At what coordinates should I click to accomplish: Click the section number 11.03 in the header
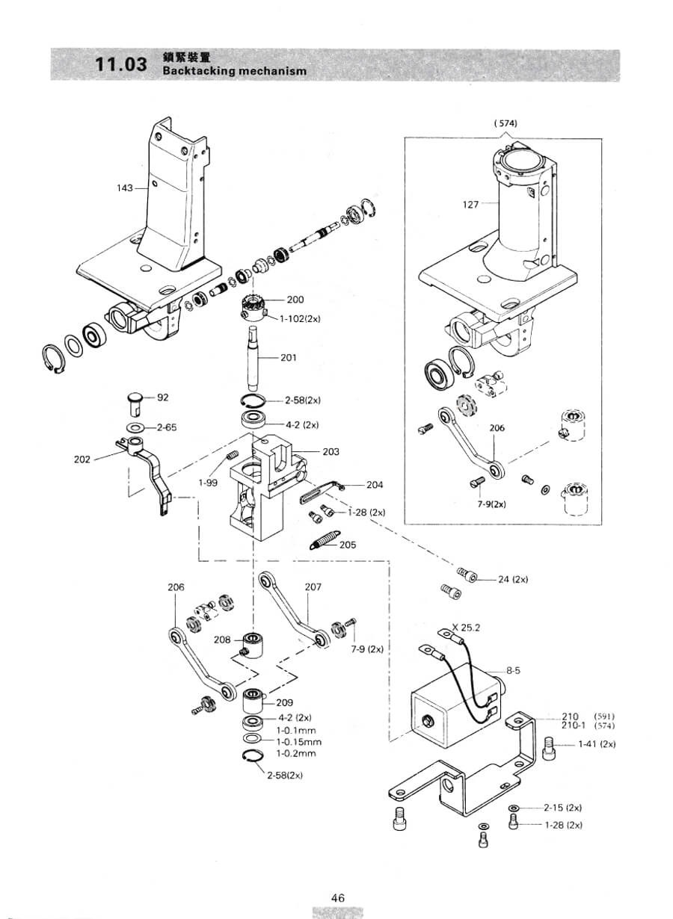pyautogui.click(x=120, y=65)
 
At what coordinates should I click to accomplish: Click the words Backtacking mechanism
pyautogui.click(x=235, y=71)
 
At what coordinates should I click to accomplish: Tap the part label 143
pyautogui.click(x=125, y=188)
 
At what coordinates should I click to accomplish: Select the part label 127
pyautogui.click(x=470, y=204)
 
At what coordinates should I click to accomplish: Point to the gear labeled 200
pyautogui.click(x=253, y=309)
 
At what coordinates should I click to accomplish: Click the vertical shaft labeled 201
pyautogui.click(x=253, y=358)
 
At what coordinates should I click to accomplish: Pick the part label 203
pyautogui.click(x=331, y=452)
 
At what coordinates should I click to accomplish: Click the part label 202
pyautogui.click(x=82, y=459)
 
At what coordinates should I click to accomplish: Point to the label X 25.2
pyautogui.click(x=466, y=628)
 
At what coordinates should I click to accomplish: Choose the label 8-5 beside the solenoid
pyautogui.click(x=513, y=670)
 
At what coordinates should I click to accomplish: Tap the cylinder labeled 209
pyautogui.click(x=254, y=701)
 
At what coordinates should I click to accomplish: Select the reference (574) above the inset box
pyautogui.click(x=506, y=123)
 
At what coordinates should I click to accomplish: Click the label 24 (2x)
pyautogui.click(x=513, y=579)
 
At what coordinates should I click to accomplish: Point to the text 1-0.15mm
pyautogui.click(x=299, y=742)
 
